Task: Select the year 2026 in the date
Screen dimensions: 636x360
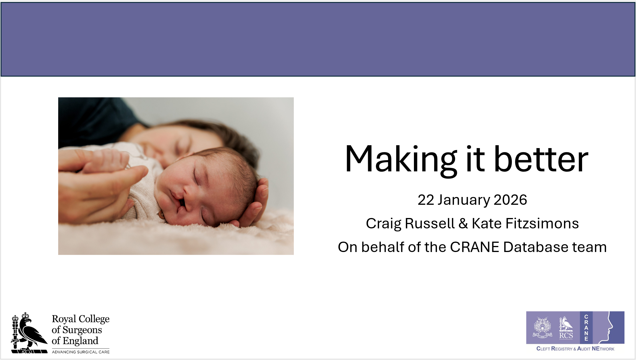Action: tap(510, 200)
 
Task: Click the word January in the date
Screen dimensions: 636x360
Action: tap(463, 200)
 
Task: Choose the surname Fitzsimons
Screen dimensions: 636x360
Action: tap(542, 223)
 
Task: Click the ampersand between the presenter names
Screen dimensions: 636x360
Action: tap(463, 224)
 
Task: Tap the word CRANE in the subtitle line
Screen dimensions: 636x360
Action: tap(474, 247)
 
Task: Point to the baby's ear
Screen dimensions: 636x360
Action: tap(160, 215)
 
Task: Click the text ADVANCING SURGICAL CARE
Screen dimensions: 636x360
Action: tap(81, 352)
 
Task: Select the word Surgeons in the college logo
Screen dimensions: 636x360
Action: tap(82, 330)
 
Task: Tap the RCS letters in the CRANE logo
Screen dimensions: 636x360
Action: tap(566, 336)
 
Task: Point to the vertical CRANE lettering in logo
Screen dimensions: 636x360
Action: tap(586, 328)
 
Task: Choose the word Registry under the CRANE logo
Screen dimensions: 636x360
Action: tap(562, 349)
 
